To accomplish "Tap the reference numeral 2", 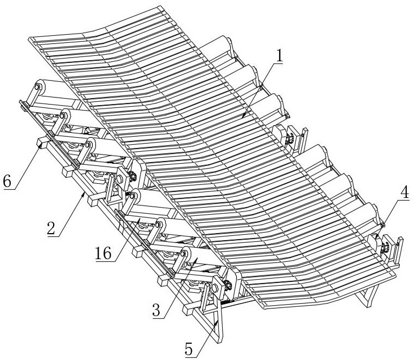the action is click(x=51, y=229).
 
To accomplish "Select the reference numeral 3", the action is click(x=156, y=310).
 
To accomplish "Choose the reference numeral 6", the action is click(x=7, y=182).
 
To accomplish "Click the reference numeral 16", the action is click(x=103, y=254).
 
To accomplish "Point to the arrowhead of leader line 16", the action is click(x=139, y=218).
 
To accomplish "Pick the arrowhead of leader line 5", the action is click(x=218, y=322).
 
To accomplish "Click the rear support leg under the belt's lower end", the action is click(x=368, y=294).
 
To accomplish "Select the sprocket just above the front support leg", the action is click(x=228, y=286).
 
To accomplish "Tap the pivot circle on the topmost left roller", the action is click(x=37, y=86).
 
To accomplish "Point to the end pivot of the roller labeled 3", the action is click(x=183, y=254).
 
